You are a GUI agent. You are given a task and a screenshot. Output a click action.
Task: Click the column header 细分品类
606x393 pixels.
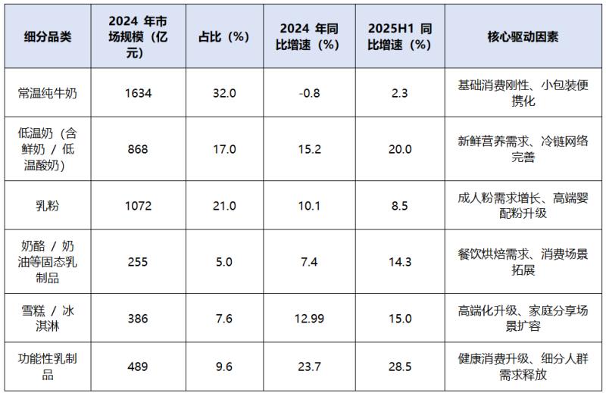[x=48, y=37]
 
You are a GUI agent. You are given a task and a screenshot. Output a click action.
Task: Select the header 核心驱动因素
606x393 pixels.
[x=523, y=37]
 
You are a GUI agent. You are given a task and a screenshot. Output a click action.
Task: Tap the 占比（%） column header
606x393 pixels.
[x=224, y=37]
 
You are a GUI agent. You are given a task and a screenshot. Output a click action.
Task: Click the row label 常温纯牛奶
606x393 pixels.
[x=48, y=93]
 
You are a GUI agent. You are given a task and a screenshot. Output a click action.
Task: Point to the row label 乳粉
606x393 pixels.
[x=48, y=205]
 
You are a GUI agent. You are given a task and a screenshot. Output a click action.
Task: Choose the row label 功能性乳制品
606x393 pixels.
[x=48, y=366]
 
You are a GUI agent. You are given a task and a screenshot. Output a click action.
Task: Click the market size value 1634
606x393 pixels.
[x=138, y=93]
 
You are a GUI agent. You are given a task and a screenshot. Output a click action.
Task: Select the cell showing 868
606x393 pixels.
[x=138, y=149]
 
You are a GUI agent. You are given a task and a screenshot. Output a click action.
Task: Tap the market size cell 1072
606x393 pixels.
[x=138, y=205]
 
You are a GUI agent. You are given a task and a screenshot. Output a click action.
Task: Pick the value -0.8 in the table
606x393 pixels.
[x=309, y=93]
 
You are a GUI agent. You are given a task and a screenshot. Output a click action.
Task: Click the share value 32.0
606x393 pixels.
[x=224, y=93]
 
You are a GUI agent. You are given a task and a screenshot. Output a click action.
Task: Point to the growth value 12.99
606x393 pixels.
[x=309, y=319]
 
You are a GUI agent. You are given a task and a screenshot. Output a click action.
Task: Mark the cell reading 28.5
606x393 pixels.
[x=400, y=366]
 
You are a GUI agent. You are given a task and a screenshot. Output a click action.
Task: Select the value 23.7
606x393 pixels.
[x=309, y=366]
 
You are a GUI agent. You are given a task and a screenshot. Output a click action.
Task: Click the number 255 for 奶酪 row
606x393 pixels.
[x=138, y=262]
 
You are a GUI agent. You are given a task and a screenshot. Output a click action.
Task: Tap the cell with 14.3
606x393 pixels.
[x=400, y=262]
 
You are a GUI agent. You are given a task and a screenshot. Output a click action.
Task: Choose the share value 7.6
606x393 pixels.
[x=224, y=319]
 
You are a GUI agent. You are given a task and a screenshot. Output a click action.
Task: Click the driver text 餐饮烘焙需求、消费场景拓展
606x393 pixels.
[x=523, y=262]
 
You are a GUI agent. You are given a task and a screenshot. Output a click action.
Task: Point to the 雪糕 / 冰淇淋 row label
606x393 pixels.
[x=48, y=319]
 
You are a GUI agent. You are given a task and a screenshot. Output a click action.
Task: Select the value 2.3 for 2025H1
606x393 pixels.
[x=400, y=93]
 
